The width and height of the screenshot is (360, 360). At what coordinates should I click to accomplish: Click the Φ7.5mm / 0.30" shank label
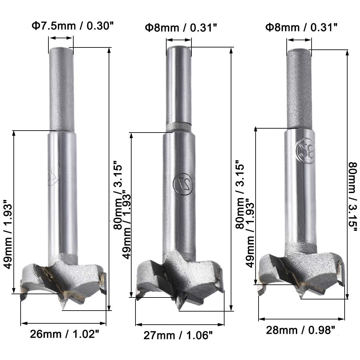(73, 26)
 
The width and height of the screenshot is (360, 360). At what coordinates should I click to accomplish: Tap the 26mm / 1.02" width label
(64, 334)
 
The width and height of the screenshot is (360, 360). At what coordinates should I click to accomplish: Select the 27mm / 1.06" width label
(178, 335)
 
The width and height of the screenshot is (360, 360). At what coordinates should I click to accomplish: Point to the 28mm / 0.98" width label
(300, 330)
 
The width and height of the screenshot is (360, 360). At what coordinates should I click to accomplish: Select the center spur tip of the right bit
(301, 298)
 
